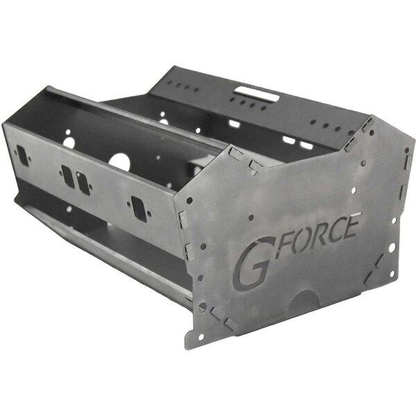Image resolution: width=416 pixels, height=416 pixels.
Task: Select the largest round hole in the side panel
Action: click(119, 161)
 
